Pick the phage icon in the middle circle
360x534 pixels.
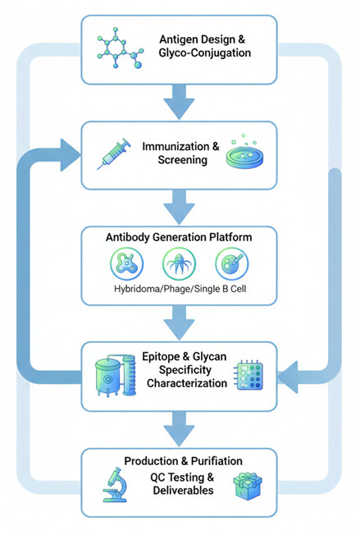pos(180,266)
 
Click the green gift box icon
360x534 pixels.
pos(249,485)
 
